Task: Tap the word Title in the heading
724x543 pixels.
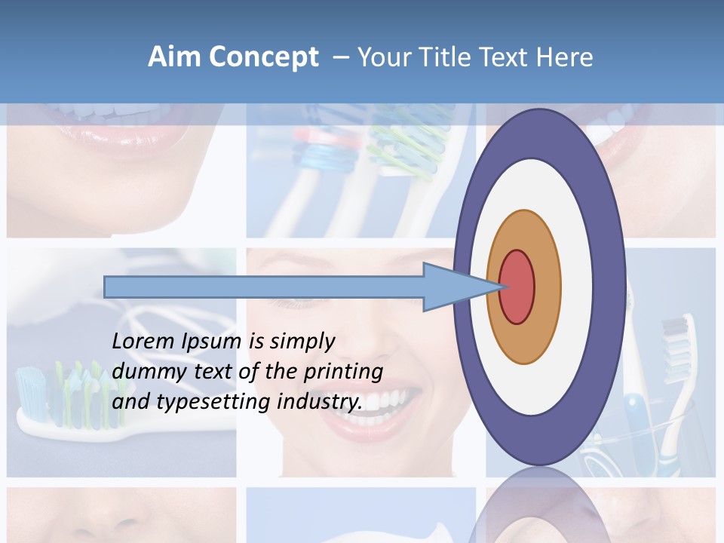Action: [x=443, y=57]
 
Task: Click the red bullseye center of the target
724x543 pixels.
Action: [x=517, y=287]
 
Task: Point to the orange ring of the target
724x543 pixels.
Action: [x=547, y=287]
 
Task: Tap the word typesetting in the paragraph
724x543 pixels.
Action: [x=213, y=402]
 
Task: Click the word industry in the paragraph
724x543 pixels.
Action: [x=319, y=402]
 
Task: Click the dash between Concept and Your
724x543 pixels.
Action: [x=340, y=57]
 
